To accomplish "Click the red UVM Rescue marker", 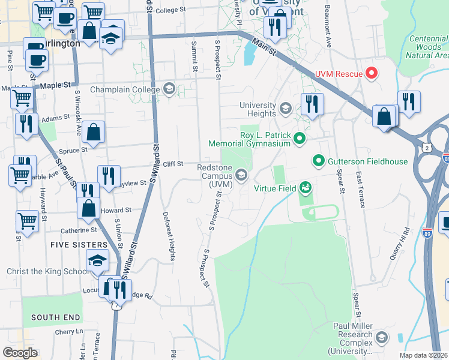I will tap(372, 74).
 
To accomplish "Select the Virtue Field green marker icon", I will tap(306, 188).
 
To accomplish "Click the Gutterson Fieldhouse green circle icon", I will tap(318, 161).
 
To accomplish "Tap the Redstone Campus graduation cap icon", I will tap(242, 175).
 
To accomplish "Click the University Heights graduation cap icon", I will tap(285, 109).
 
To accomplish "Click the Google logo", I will tap(20, 352).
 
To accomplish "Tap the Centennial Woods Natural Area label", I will tap(427, 47).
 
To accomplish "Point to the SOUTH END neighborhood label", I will tap(54, 317).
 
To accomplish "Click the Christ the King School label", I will tap(47, 272).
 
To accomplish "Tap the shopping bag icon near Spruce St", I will tap(94, 131).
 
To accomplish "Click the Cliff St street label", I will tap(172, 164).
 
